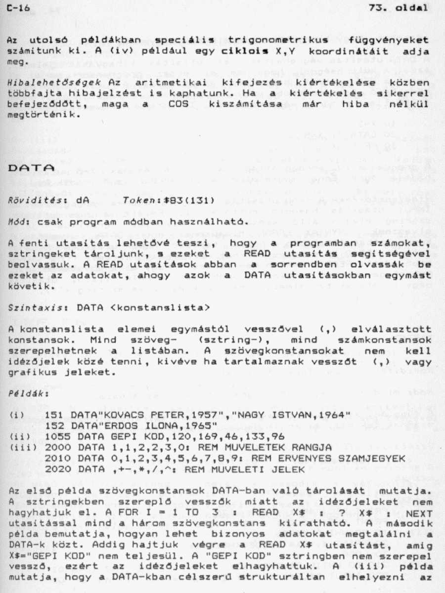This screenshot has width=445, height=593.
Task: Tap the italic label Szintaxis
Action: coord(31,307)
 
